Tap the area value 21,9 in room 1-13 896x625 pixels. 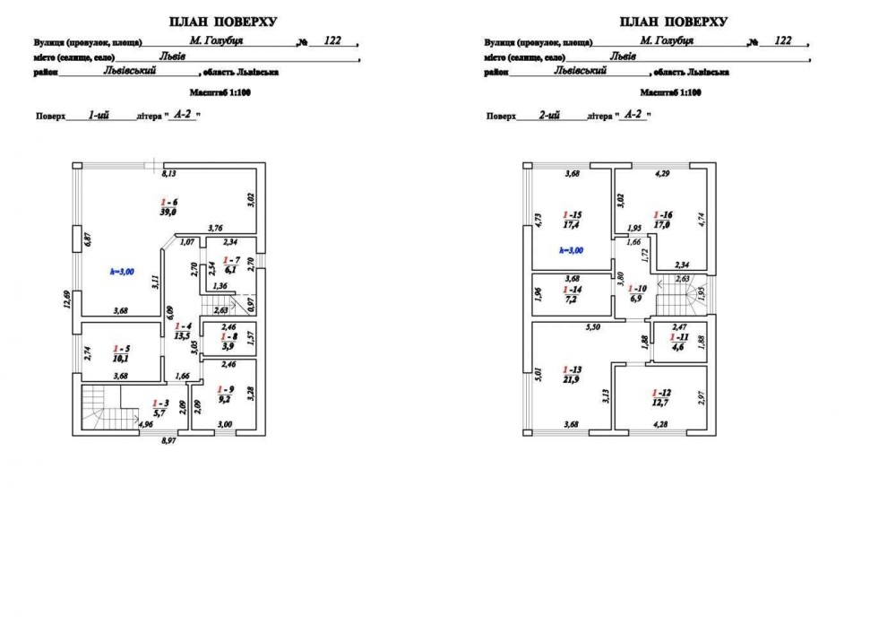coord(571,380)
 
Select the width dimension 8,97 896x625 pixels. coord(168,441)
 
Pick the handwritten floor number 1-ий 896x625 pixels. coord(99,115)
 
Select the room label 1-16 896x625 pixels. coord(663,215)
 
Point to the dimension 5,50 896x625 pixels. coord(592,329)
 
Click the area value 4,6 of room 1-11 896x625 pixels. coord(676,346)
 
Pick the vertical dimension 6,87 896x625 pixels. coord(86,239)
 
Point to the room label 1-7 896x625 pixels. coord(230,259)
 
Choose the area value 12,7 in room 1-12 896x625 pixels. coord(661,404)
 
